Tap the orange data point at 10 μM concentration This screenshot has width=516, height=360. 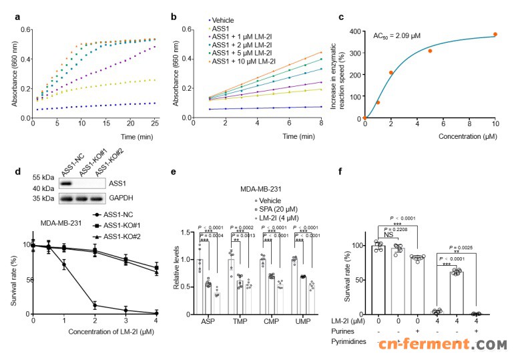pos(495,35)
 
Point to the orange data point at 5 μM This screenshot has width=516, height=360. pos(430,51)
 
